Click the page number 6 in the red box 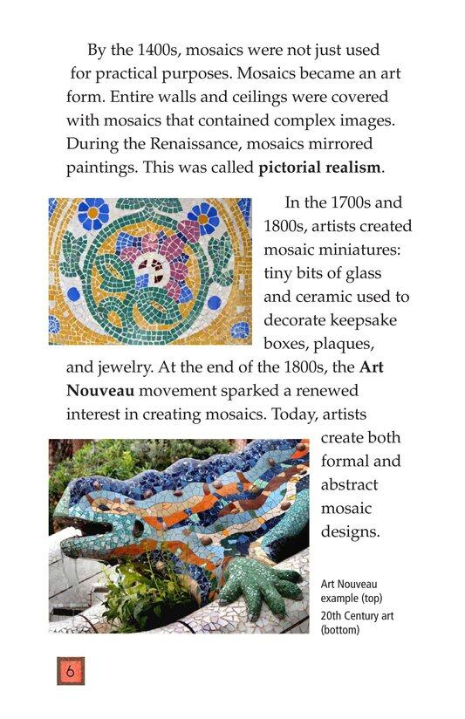coord(70,671)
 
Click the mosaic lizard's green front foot coord(256,585)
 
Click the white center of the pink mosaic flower coord(151,265)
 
